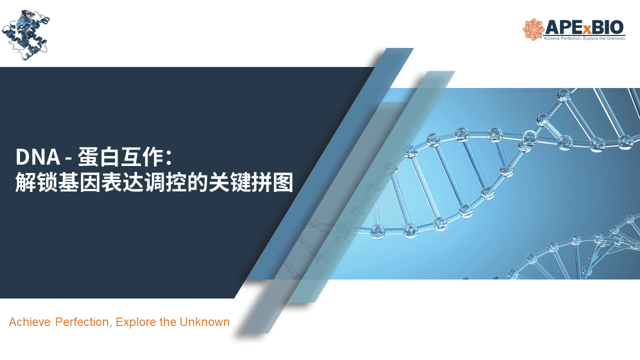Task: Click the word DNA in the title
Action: click(37, 157)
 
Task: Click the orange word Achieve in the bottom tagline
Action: click(29, 322)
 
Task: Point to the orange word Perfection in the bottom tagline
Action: click(82, 322)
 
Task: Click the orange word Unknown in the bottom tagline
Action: click(204, 322)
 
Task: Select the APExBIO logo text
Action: click(584, 27)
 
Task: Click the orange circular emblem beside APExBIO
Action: click(533, 29)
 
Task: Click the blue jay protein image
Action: click(25, 35)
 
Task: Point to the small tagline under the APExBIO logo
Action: click(584, 38)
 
